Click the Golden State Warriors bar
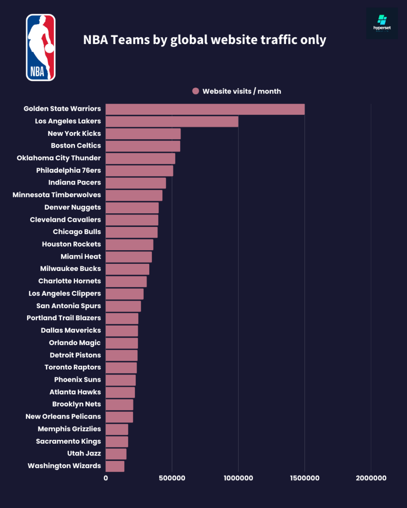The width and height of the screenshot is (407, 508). [205, 109]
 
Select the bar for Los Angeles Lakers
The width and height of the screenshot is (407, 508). [172, 121]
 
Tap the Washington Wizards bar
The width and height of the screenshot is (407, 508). [115, 466]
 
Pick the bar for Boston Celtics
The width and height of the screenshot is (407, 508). [143, 146]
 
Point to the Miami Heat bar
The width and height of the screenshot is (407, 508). [128, 257]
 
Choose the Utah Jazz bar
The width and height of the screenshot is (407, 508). [116, 454]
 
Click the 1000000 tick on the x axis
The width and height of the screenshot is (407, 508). [238, 478]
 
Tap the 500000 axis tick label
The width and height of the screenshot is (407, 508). [172, 478]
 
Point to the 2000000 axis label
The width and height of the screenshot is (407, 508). [371, 478]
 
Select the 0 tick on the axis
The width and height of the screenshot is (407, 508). [106, 478]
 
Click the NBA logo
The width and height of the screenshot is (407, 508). [41, 47]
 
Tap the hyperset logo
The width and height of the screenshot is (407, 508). [382, 24]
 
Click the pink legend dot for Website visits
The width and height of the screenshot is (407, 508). [195, 91]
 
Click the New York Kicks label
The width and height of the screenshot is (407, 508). [74, 133]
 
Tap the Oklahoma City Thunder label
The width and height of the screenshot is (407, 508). [59, 158]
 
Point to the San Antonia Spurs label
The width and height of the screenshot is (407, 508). [69, 306]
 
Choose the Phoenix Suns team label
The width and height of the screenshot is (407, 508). [78, 379]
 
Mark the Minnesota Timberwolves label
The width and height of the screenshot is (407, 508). [56, 195]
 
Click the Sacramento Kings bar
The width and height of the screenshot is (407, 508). [117, 442]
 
